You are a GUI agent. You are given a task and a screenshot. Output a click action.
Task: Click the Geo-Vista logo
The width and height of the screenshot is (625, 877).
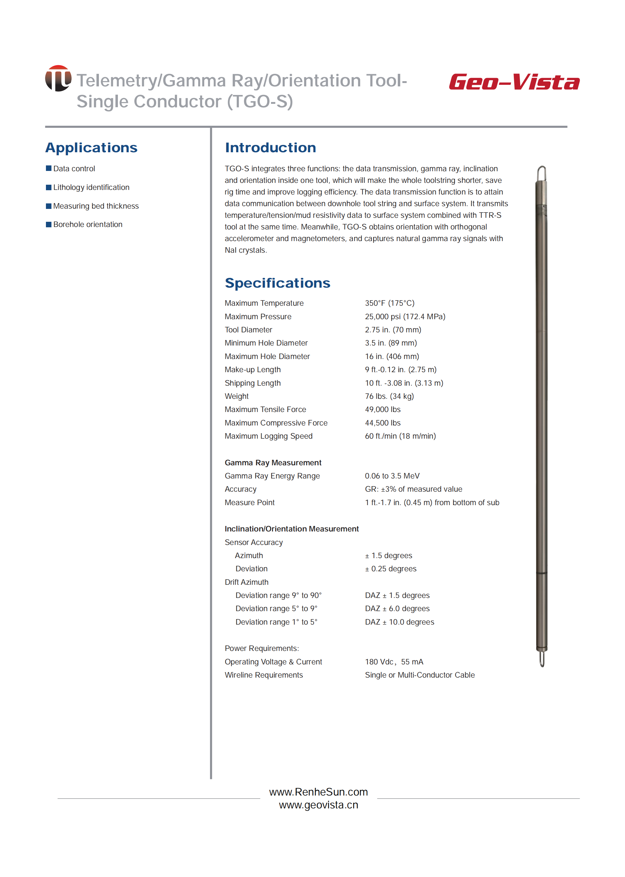514,82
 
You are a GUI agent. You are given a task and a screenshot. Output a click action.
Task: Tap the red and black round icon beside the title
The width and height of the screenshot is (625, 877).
58,78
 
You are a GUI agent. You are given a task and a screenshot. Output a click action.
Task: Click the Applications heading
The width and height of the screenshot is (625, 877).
91,148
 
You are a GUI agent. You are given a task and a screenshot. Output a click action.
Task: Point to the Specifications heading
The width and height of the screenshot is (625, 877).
277,283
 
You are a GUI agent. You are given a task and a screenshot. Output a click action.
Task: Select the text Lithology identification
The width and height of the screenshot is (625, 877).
91,187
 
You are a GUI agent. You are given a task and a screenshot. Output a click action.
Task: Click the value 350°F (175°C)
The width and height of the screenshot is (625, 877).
390,303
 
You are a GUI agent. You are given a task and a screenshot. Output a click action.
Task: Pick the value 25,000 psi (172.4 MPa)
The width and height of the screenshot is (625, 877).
405,316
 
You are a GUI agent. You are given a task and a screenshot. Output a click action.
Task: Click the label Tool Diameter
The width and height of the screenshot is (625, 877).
248,330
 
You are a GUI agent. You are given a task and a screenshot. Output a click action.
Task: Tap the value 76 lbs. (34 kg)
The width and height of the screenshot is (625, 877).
389,396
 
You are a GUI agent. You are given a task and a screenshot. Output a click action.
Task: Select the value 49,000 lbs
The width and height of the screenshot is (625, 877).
382,409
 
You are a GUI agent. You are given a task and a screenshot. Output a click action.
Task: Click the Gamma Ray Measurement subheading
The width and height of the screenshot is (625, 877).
273,463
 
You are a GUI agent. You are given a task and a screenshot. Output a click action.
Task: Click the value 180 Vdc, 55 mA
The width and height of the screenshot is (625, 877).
394,662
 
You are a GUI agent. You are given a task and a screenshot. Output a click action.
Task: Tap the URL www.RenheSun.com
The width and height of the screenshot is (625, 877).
318,792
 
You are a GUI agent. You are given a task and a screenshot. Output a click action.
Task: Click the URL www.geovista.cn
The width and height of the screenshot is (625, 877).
318,805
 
